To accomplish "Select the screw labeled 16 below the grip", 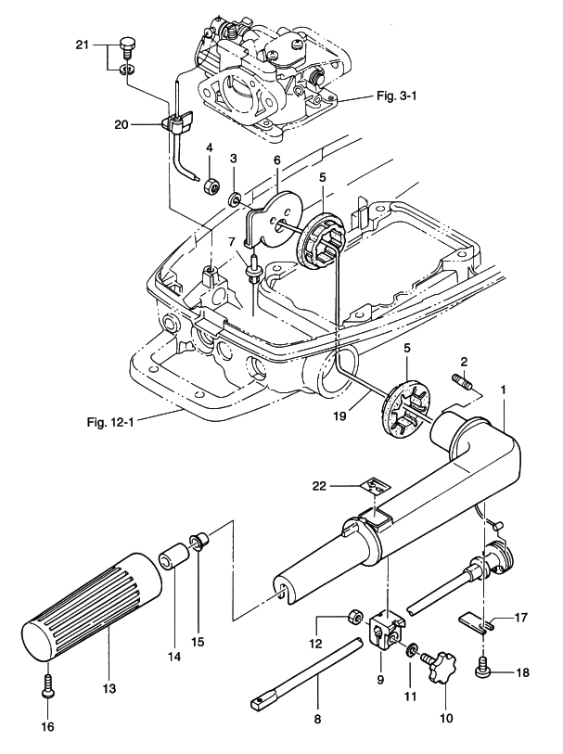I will pyautogui.click(x=47, y=687).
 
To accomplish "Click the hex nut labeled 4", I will pyautogui.click(x=211, y=185).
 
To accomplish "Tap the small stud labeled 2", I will pyautogui.click(x=462, y=382).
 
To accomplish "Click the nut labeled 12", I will pyautogui.click(x=354, y=619).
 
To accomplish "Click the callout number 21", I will pyautogui.click(x=81, y=45).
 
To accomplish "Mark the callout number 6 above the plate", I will pyautogui.click(x=275, y=161).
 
